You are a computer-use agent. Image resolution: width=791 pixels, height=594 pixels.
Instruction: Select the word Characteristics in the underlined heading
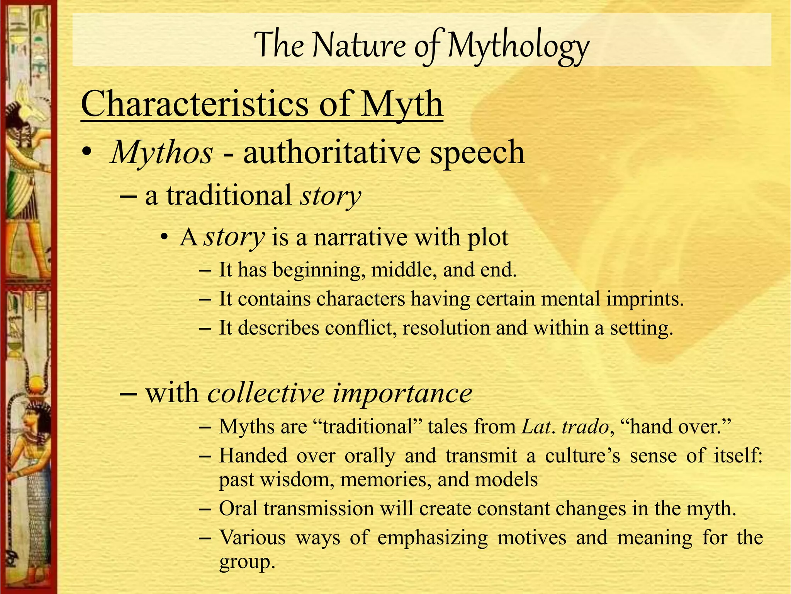pos(195,104)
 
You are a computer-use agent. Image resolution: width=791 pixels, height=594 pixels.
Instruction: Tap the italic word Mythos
pos(161,152)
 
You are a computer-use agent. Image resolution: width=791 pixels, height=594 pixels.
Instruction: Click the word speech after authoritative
pos(477,152)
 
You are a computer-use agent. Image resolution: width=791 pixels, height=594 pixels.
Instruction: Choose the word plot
pos(488,237)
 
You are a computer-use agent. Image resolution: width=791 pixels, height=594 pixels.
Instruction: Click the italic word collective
pos(266,393)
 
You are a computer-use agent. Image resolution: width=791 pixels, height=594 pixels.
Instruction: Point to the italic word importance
pos(402,393)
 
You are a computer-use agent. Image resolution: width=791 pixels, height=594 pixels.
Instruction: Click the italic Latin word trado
pos(585,427)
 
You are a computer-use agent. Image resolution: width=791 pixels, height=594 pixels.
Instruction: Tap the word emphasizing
pos(433,538)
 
